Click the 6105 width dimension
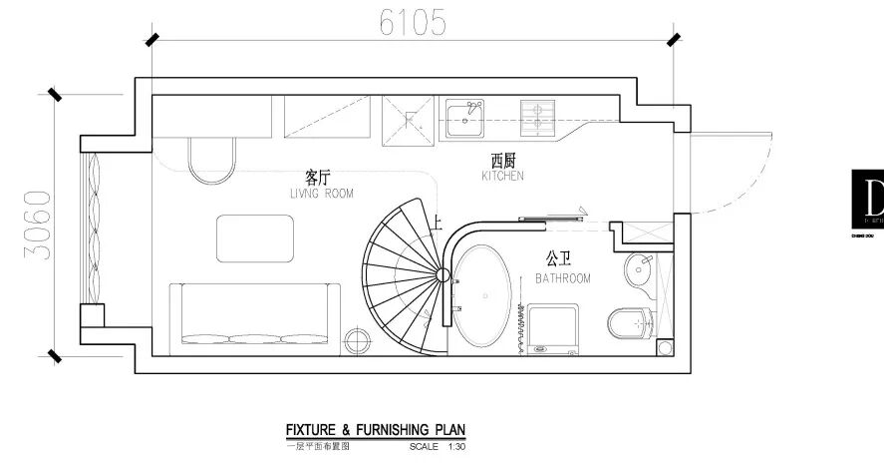point(411,21)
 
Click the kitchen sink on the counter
point(464,119)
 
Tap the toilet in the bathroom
point(628,322)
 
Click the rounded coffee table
point(257,237)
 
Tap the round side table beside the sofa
point(356,340)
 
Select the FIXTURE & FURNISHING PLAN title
point(375,430)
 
